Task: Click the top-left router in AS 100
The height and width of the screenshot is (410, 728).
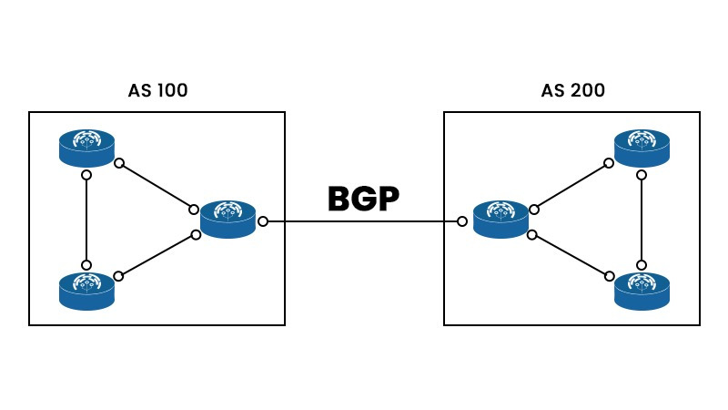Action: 87,146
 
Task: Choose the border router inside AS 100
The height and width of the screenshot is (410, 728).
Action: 227,219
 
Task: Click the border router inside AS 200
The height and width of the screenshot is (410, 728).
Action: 500,220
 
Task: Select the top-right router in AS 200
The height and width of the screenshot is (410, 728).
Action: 642,146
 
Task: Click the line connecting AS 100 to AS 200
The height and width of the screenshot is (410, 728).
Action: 364,221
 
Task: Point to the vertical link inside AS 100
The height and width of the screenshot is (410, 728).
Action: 86,219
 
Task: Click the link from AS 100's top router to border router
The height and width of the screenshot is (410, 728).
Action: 157,187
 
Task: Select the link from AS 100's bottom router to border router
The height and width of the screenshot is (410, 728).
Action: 157,254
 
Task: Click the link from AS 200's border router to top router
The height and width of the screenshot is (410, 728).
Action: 571,187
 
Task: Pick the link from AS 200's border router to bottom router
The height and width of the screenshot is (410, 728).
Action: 571,254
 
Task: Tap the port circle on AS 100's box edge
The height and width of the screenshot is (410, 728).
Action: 262,221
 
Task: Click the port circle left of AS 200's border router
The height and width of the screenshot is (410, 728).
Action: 463,221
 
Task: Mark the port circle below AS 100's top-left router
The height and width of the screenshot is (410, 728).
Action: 86,174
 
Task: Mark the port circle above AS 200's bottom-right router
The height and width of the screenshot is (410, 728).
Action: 642,263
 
